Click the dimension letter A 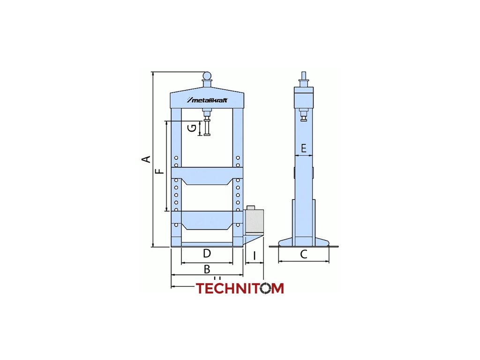point(147,159)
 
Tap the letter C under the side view point(304,255)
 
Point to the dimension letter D point(207,254)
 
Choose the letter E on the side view point(304,149)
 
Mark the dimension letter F point(160,171)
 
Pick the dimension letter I point(254,256)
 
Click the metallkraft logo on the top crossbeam point(207,100)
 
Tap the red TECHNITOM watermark point(240,288)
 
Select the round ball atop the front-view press point(207,75)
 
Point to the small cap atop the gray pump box point(250,208)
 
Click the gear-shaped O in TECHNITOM point(266,288)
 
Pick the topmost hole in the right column point(238,158)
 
